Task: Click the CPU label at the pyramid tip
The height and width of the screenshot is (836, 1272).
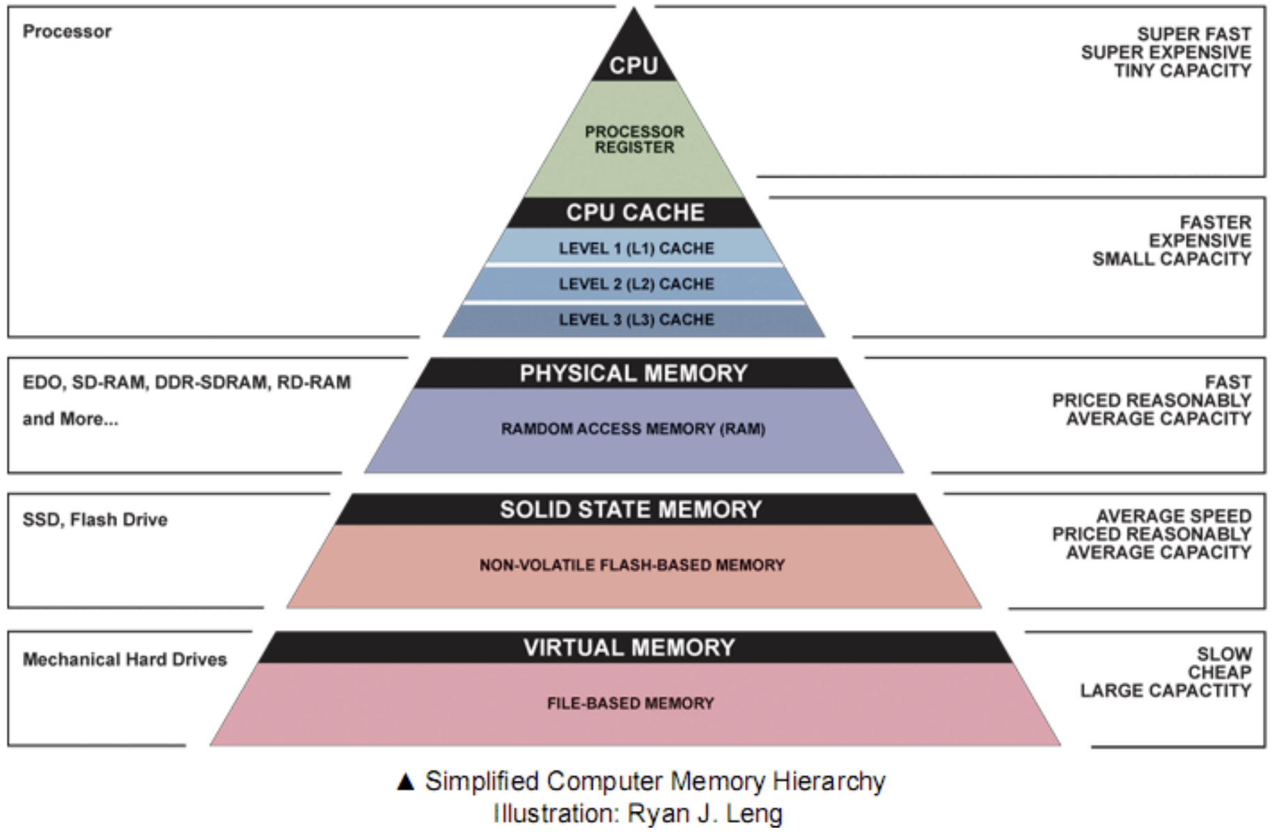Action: pos(634,65)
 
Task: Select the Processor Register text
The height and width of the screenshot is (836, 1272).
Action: pos(634,139)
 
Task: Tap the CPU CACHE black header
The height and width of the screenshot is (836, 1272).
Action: pos(635,212)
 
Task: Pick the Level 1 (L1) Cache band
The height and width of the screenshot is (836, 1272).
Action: pos(636,249)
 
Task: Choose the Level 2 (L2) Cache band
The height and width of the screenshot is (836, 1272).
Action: pos(636,284)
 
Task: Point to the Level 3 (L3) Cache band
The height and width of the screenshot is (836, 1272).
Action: pos(636,320)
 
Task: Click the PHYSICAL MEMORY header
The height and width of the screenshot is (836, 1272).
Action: pos(634,374)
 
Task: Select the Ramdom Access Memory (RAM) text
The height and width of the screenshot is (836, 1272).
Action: pos(633,429)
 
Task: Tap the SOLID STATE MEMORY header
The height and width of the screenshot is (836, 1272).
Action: pos(631,510)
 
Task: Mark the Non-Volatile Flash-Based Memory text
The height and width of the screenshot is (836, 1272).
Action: pos(631,565)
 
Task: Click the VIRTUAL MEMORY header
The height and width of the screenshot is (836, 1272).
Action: pos(629,648)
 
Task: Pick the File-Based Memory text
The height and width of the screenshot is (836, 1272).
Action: pos(630,704)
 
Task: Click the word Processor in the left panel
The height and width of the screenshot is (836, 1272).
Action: pos(67,31)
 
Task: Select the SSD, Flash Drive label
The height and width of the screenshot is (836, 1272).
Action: pos(95,520)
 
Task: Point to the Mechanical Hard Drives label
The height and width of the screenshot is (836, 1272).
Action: pos(125,659)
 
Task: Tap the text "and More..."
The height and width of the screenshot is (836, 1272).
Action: pos(70,419)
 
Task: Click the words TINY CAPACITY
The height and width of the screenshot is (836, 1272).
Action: pos(1182,71)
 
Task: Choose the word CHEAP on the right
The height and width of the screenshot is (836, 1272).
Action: pos(1219,672)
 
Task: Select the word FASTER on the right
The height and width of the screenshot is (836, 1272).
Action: pos(1215,222)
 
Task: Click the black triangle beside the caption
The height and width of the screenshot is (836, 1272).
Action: pos(405,782)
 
